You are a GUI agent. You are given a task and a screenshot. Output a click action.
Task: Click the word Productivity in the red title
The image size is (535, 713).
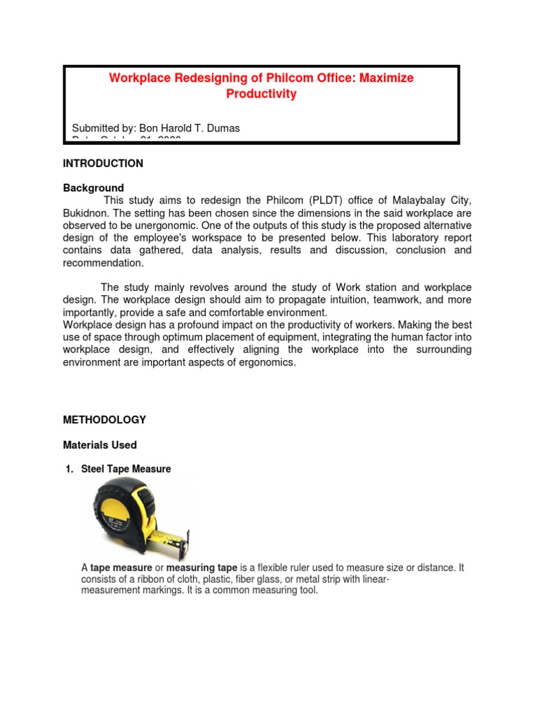[261, 94]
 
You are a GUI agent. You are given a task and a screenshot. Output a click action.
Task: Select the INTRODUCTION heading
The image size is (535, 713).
[103, 164]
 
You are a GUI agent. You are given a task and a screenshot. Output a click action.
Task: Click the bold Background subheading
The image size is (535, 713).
[93, 188]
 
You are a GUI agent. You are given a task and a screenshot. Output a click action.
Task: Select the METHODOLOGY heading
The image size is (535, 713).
[104, 420]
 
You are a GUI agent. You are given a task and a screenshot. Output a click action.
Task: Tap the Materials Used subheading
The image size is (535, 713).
[100, 445]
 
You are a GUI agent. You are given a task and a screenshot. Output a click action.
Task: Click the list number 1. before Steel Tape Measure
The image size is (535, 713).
[69, 469]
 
